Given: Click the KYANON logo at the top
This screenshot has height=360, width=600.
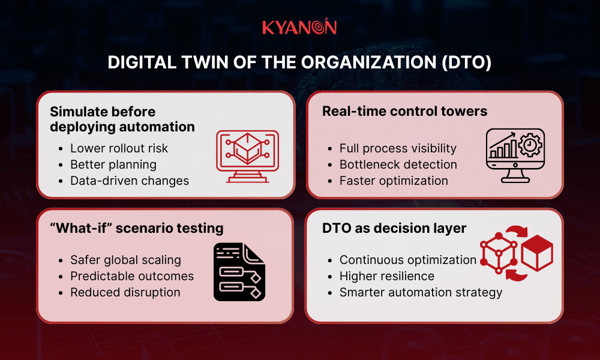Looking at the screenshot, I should coord(299,27).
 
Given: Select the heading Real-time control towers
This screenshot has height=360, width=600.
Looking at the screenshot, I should coord(404,111).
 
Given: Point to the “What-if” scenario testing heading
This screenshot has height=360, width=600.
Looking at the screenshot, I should coord(136,228).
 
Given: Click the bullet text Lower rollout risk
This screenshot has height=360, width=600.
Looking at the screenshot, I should coord(119,148).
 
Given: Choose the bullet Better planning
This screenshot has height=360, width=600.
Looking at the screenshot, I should coord(113,164).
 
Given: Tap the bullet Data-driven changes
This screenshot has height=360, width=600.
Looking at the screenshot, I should coord(129,181).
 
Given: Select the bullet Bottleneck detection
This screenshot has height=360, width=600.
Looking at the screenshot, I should coord(398,164).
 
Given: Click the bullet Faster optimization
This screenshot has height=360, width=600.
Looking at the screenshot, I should coord(394,181).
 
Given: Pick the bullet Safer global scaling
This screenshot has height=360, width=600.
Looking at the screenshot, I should coord(125,260).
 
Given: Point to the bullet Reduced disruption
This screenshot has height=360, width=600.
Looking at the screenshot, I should coord(125,292).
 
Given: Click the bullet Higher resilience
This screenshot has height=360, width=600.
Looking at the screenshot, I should coord(386,276).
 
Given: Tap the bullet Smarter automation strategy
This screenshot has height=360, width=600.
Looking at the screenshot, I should coord(421,292).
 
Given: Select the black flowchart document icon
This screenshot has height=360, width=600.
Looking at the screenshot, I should coord(239,271).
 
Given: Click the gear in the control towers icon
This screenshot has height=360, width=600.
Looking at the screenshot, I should coord(530,145).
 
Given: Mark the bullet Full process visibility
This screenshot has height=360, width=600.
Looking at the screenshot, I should coord(398,148).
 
